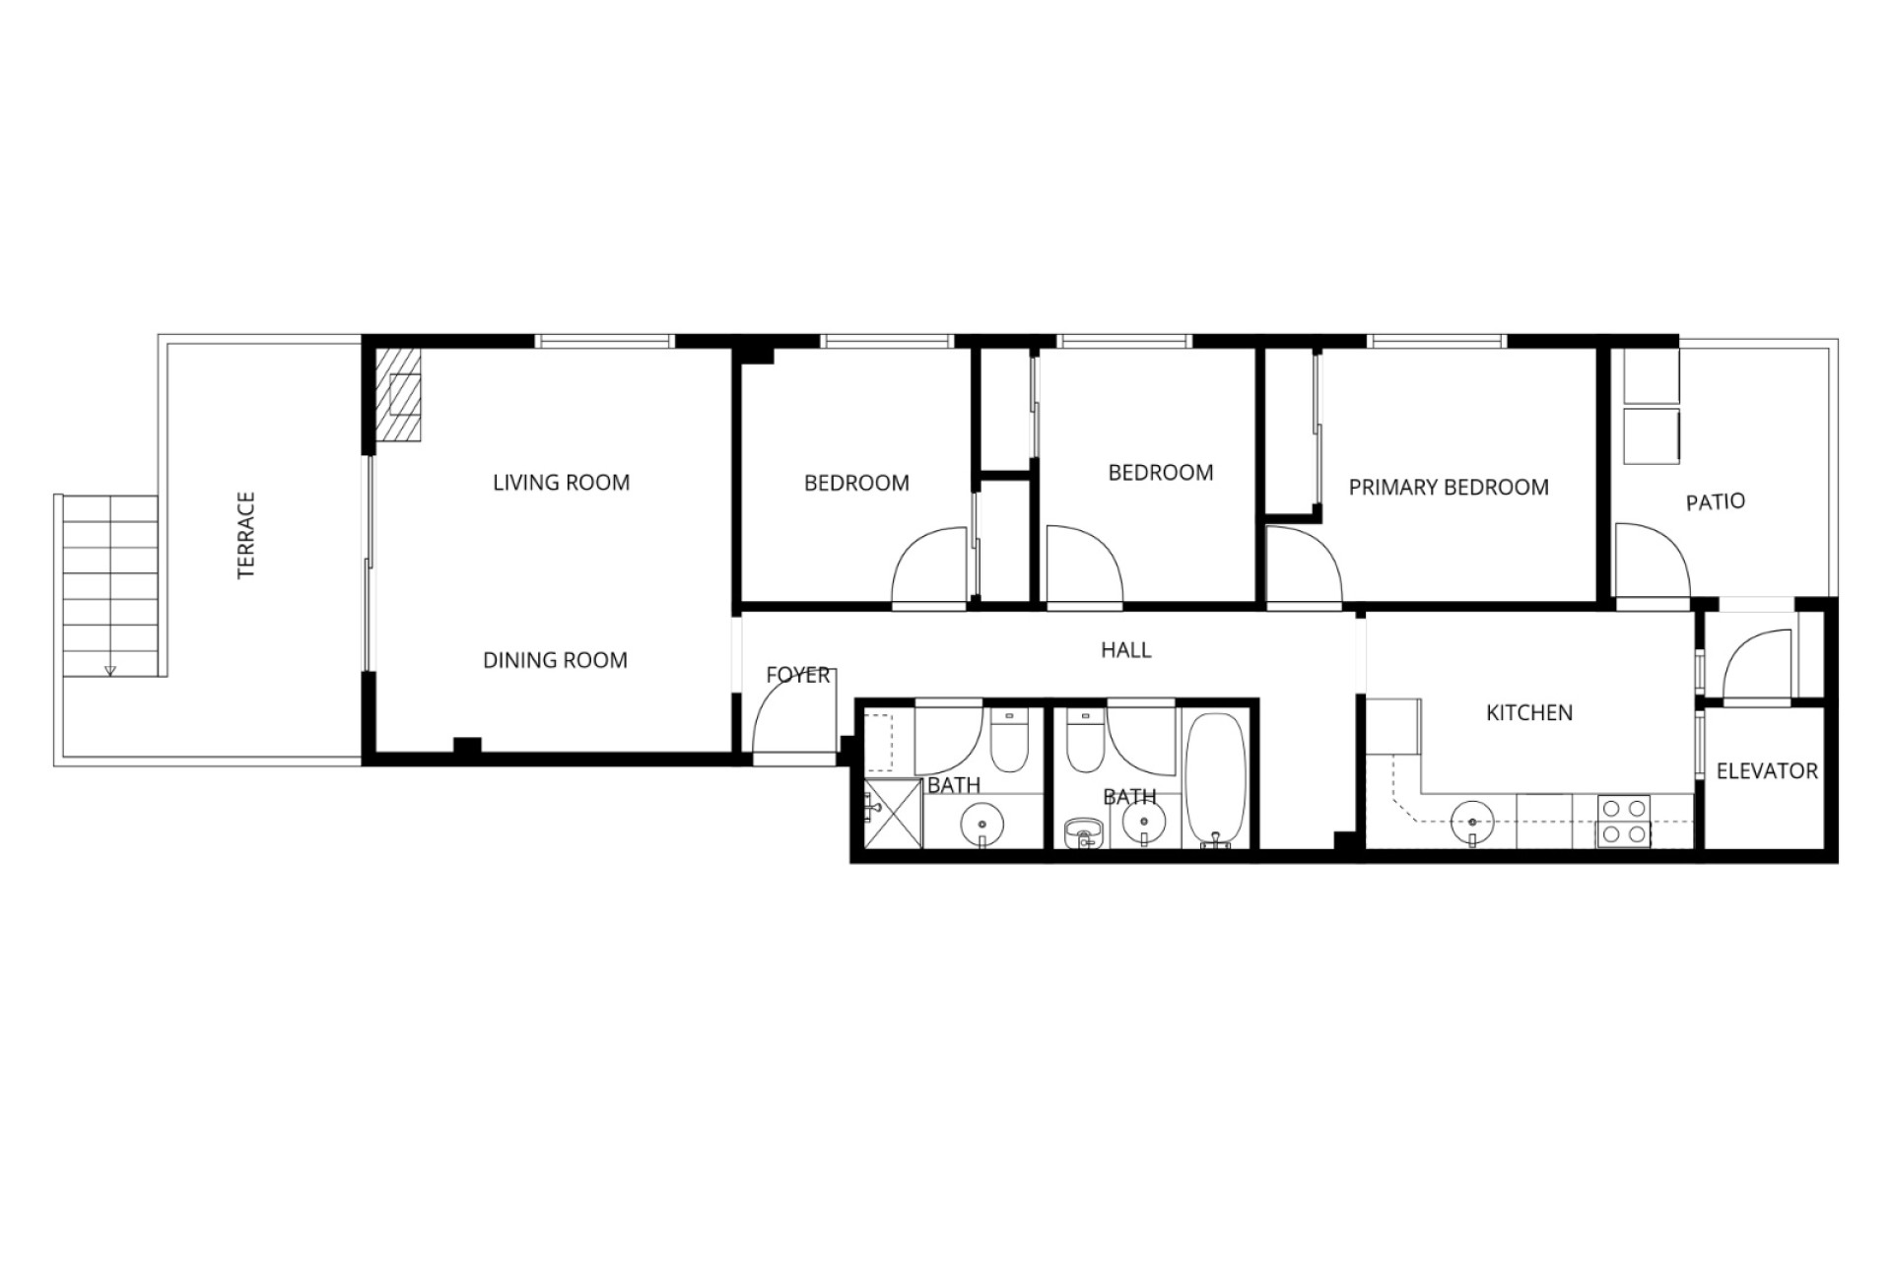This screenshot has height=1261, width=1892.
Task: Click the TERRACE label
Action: click(246, 535)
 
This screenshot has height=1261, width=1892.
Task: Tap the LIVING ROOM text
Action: click(561, 483)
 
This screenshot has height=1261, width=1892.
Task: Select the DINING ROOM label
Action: click(555, 660)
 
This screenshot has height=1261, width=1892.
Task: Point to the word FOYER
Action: click(798, 675)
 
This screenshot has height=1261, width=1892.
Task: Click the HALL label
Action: click(1125, 650)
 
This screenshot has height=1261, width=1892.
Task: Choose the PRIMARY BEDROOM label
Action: click(1449, 488)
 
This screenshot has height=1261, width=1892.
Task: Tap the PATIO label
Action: click(1715, 502)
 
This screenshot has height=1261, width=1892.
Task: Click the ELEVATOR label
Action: click(1767, 771)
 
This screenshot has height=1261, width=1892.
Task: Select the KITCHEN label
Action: click(1529, 713)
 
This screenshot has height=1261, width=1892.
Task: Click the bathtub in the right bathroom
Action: click(1216, 779)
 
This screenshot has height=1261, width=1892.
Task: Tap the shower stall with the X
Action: click(894, 815)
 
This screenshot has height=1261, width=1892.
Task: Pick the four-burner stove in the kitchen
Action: click(1624, 822)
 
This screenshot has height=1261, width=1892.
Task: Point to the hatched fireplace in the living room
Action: click(398, 394)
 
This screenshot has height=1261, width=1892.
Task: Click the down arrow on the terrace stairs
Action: click(109, 670)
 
